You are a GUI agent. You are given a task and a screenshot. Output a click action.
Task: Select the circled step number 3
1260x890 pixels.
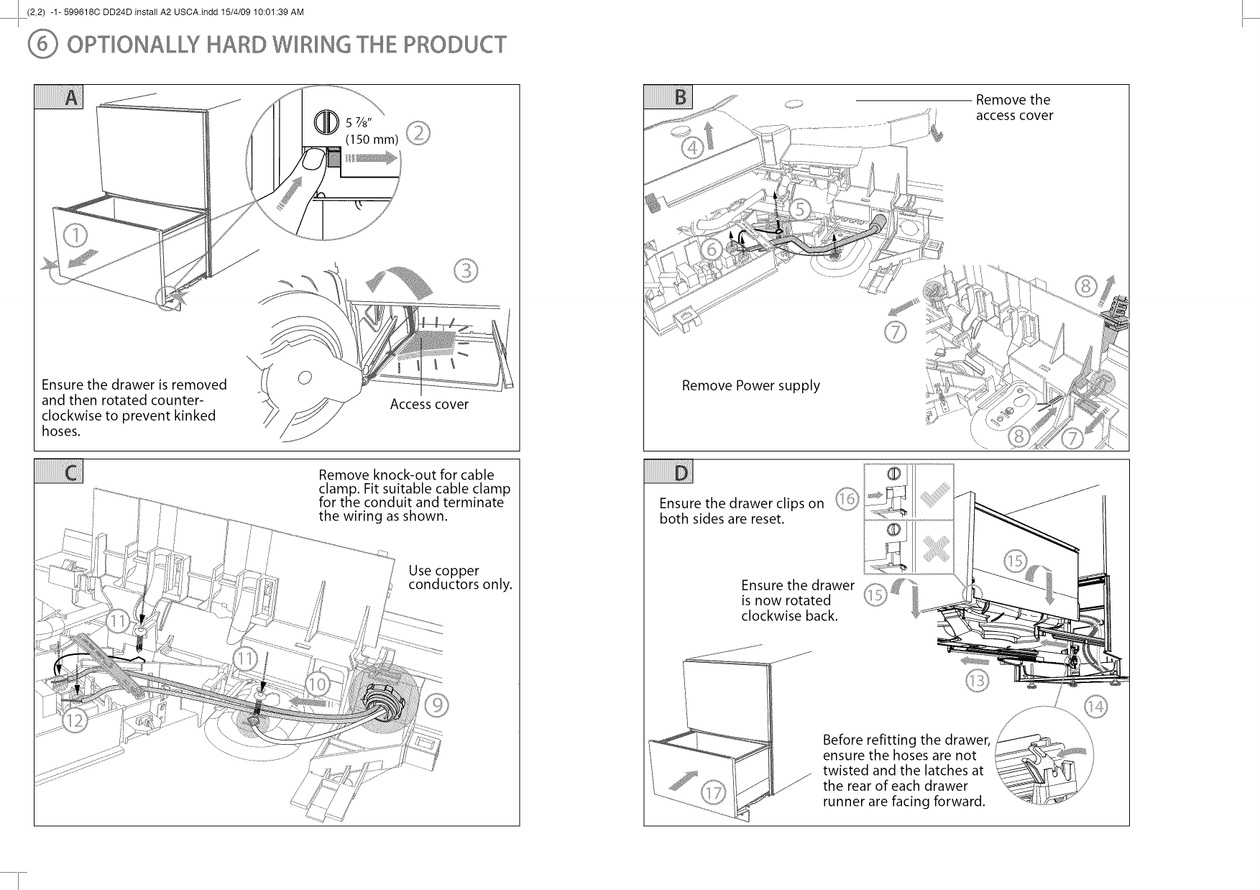pos(466,271)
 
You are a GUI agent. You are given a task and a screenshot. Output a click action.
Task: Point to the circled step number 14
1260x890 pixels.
pos(1097,707)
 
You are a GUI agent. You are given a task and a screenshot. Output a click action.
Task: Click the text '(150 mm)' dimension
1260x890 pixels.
pos(372,139)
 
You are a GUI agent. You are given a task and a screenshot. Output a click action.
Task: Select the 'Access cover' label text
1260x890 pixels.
pos(429,405)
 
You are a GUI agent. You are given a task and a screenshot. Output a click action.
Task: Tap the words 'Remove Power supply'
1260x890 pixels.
pos(750,385)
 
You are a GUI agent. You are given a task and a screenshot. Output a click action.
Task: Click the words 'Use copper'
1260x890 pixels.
pos(443,571)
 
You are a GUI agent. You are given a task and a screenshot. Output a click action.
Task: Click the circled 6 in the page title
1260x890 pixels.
pos(37,45)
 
